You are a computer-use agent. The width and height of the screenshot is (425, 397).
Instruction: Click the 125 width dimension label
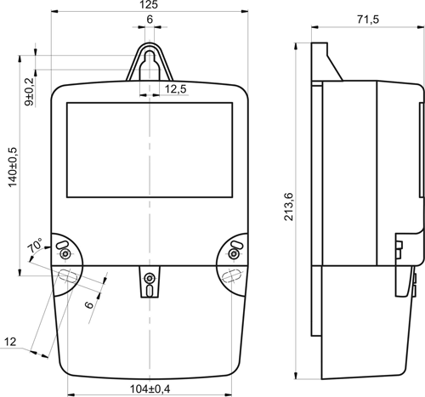pyautogui.click(x=150, y=4)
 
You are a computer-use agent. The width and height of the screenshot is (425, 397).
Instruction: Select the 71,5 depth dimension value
pyautogui.click(x=368, y=20)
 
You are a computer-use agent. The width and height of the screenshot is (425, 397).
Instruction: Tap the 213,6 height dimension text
pyautogui.click(x=289, y=207)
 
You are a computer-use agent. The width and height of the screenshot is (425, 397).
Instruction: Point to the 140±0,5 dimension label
pyautogui.click(x=13, y=167)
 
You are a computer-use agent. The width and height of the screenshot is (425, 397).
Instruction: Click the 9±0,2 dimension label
pyautogui.click(x=29, y=92)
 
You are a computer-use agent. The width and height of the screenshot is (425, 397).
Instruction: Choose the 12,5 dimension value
pyautogui.click(x=176, y=89)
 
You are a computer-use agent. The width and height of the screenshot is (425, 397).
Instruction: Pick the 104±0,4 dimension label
pyautogui.click(x=150, y=388)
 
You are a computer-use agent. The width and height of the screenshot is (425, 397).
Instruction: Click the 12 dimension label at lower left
pyautogui.click(x=10, y=342)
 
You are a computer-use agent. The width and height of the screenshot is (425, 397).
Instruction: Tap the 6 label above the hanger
pyautogui.click(x=150, y=20)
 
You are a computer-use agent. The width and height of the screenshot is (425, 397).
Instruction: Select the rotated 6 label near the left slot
pyautogui.click(x=89, y=304)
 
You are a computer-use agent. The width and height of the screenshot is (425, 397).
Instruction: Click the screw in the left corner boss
pyautogui.click(x=65, y=254)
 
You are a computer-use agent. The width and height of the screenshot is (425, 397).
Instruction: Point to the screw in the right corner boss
pyautogui.click(x=234, y=253)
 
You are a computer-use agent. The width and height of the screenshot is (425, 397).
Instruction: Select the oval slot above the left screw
pyautogui.click(x=62, y=245)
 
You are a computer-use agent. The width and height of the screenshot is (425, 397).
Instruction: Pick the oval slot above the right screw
pyautogui.click(x=237, y=244)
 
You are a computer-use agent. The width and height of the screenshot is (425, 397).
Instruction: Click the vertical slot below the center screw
pyautogui.click(x=150, y=291)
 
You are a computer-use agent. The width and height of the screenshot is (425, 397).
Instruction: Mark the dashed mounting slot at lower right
pyautogui.click(x=232, y=275)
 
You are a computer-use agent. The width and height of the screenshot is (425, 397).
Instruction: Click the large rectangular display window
pyautogui.click(x=150, y=150)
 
